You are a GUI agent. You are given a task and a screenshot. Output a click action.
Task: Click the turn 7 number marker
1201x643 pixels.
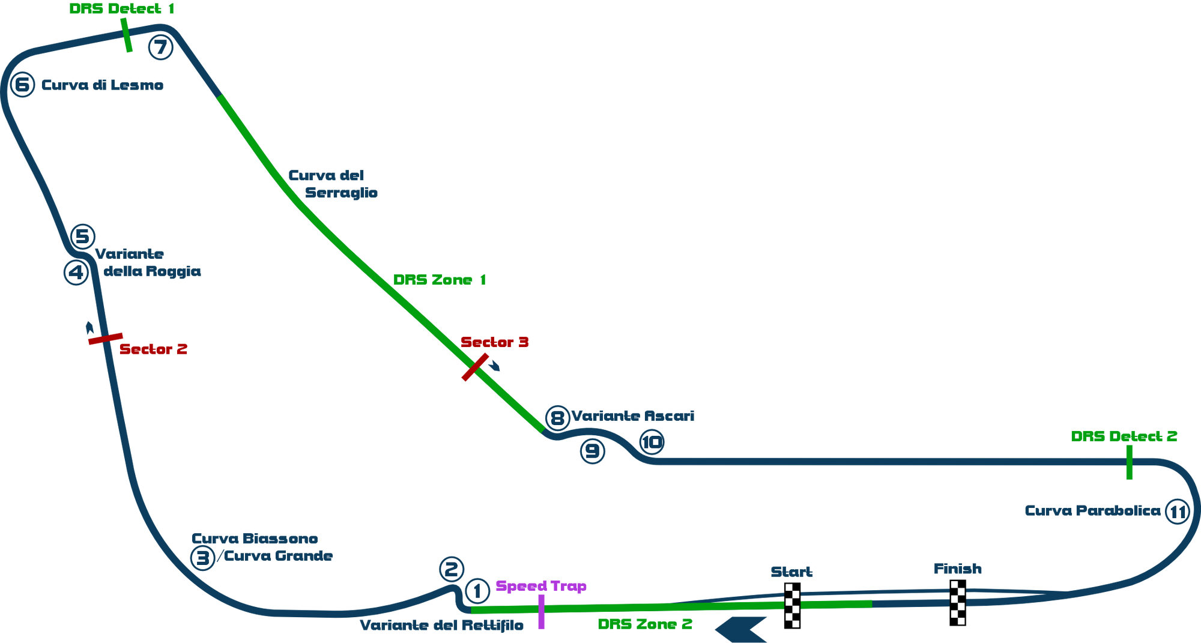click(160, 47)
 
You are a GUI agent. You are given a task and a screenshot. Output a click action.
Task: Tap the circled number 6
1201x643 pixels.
click(23, 85)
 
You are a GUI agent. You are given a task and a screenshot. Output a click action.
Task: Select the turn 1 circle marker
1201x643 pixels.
click(477, 591)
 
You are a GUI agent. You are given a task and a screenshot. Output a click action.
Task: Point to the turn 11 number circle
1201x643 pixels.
click(1177, 512)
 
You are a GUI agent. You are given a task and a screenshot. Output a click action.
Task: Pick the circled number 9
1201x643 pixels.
click(592, 450)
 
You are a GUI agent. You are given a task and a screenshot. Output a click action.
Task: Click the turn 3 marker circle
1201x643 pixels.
click(202, 558)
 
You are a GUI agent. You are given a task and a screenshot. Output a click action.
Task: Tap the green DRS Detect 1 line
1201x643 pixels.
click(126, 35)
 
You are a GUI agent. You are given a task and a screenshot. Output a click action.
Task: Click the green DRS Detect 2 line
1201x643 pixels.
click(1130, 462)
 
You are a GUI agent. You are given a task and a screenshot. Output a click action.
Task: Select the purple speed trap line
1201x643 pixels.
click(541, 611)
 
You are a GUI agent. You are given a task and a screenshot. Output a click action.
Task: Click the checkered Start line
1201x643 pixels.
click(793, 605)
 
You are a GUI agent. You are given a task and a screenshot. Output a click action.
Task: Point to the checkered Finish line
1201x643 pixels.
click(958, 602)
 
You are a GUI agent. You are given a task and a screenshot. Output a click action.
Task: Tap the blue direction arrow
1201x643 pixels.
click(742, 629)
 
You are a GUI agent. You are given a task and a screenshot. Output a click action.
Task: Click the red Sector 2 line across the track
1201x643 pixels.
click(105, 339)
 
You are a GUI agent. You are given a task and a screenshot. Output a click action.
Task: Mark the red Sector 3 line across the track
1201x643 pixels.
click(474, 367)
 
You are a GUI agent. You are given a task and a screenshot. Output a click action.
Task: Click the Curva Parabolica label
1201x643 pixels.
click(1092, 510)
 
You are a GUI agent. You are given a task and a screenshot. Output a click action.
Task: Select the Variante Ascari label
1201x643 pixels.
click(634, 415)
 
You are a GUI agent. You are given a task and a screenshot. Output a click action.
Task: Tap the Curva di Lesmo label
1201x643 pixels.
click(102, 85)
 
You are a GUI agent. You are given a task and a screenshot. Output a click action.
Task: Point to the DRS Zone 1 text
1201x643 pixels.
click(439, 280)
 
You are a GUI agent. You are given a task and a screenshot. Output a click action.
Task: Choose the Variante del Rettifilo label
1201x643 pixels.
click(441, 625)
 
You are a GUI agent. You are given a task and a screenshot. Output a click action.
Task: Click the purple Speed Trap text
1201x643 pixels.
click(540, 586)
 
